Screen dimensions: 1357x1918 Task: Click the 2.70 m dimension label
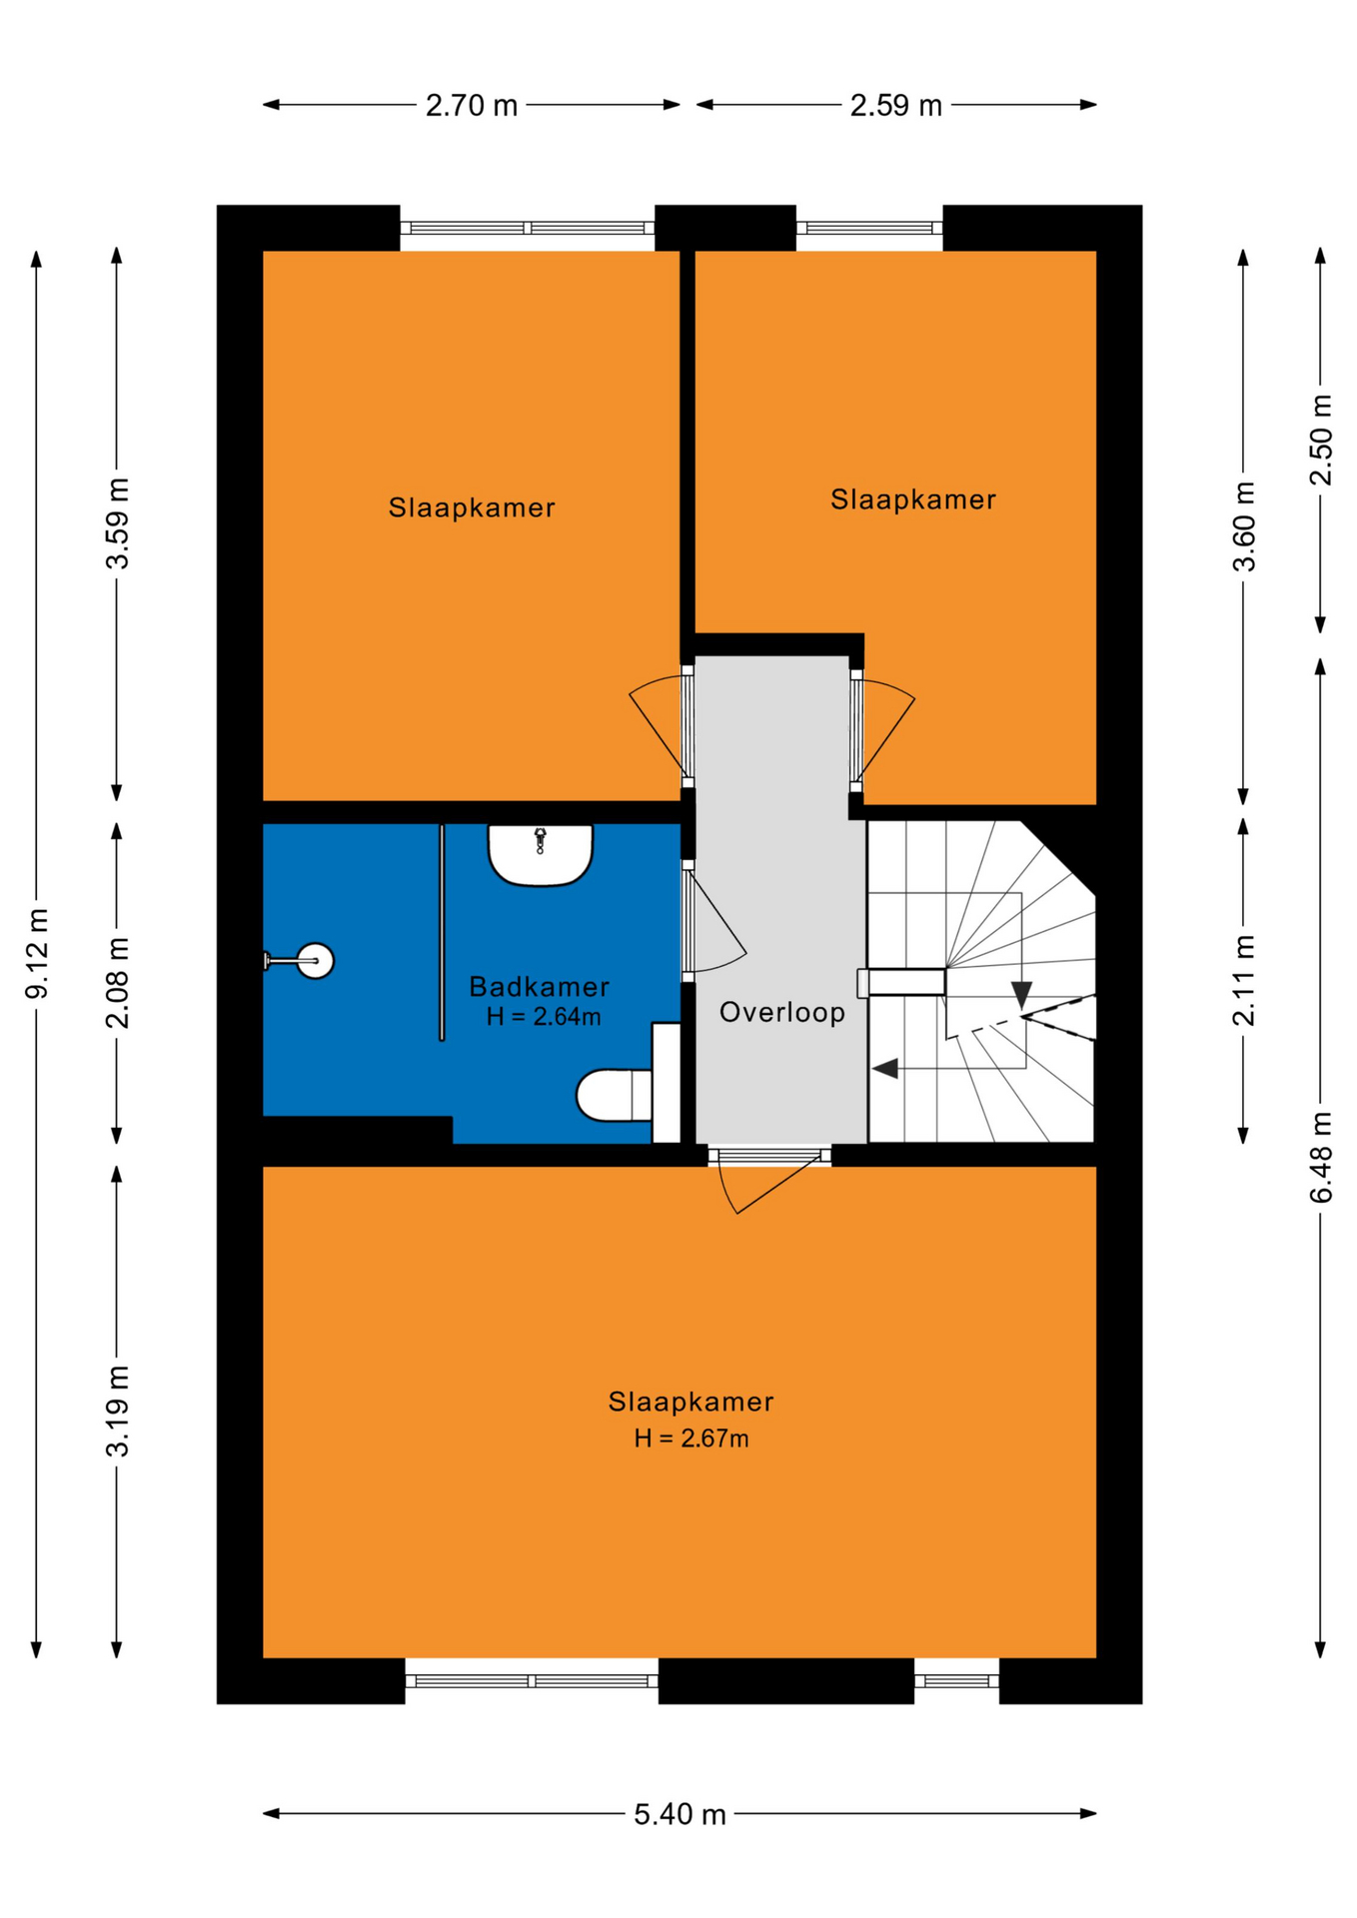pyautogui.click(x=472, y=105)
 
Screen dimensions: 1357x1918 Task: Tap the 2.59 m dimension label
pyautogui.click(x=896, y=105)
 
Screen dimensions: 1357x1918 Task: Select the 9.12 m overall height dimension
pyautogui.click(x=37, y=953)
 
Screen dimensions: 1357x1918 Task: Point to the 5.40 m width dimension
pyautogui.click(x=679, y=1814)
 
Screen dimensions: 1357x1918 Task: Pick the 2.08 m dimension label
pyautogui.click(x=118, y=983)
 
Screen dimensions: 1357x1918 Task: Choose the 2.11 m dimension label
pyautogui.click(x=1244, y=981)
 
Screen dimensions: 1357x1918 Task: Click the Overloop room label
pyautogui.click(x=782, y=1012)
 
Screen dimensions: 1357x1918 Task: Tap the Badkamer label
pyautogui.click(x=540, y=987)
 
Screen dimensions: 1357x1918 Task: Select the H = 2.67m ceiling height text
pyautogui.click(x=691, y=1438)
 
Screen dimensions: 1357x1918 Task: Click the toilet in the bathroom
pyautogui.click(x=628, y=1083)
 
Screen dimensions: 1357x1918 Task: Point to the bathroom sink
pyautogui.click(x=541, y=855)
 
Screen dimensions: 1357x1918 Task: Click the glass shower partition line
pyautogui.click(x=442, y=932)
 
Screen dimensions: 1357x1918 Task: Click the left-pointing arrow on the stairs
pyautogui.click(x=885, y=1069)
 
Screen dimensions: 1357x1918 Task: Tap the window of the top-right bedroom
pyautogui.click(x=869, y=228)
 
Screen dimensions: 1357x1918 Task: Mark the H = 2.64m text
pyautogui.click(x=544, y=1017)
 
